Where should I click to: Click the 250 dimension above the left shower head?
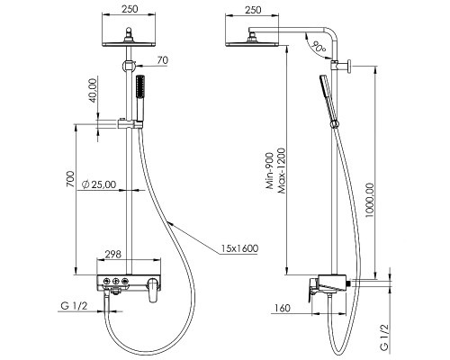130,9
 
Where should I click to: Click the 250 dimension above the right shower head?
253,10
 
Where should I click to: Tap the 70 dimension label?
163,60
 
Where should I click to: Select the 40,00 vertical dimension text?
94,90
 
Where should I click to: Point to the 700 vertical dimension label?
70,179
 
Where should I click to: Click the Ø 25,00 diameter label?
99,184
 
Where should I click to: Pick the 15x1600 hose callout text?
239,248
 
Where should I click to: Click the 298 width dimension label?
113,255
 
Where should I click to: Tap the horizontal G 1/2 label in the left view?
74,306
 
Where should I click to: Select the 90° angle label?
319,47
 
